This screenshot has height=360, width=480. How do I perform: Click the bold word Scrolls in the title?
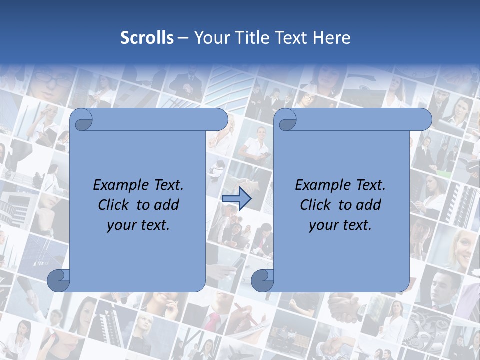147,38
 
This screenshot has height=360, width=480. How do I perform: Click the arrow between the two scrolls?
236,199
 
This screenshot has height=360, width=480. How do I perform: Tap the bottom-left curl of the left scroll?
58,281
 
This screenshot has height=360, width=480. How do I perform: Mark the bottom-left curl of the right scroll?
262,281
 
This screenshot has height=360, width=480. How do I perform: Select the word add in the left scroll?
166,205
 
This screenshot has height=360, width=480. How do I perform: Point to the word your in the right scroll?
323,225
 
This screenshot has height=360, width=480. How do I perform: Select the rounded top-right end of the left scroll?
220,120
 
